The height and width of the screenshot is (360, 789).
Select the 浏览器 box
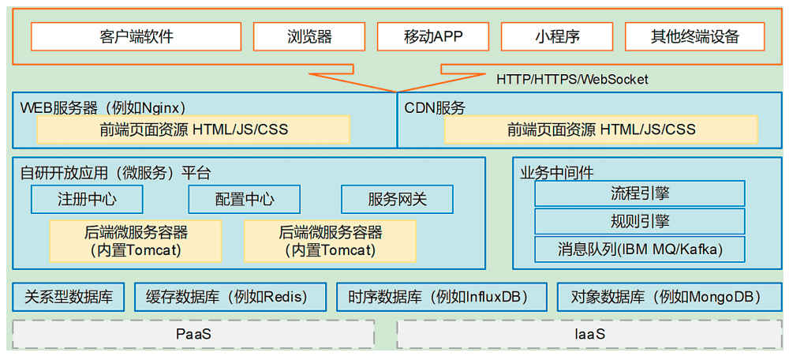click(309, 36)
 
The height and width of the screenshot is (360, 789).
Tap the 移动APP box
click(432, 36)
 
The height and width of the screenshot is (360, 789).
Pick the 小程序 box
click(557, 36)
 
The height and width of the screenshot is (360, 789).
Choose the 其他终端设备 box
click(694, 36)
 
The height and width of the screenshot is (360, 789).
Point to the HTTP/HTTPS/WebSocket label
click(572, 79)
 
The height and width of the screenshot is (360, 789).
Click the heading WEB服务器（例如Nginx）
click(103, 107)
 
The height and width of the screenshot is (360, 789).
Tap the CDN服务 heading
click(434, 107)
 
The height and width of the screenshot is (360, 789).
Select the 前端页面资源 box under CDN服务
click(600, 129)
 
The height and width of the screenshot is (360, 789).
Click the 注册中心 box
click(87, 200)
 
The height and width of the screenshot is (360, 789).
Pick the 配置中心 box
click(245, 200)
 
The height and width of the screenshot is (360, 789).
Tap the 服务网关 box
click(398, 200)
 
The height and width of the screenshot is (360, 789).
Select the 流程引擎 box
click(640, 193)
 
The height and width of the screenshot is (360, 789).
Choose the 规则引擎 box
click(640, 221)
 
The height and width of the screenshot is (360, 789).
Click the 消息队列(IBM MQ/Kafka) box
click(640, 249)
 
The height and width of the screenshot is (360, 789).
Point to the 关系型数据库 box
click(69, 297)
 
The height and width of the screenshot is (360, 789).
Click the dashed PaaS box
click(193, 334)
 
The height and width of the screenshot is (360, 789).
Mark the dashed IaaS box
click(589, 334)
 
